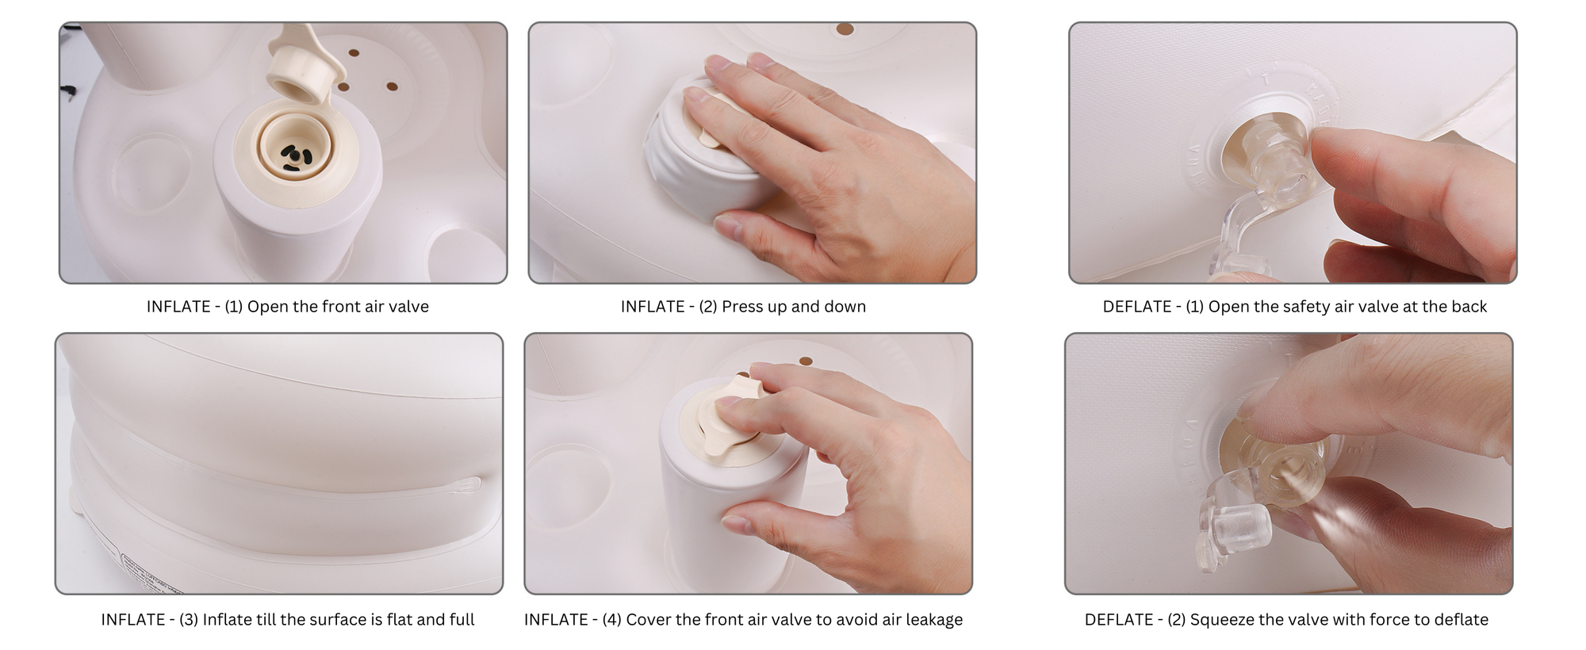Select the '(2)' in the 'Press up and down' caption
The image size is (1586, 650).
pos(708,307)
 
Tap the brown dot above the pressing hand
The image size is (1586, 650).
pos(845,30)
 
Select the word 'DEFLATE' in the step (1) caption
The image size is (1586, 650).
pos(1136,307)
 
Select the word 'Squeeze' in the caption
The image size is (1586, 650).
pos(1220,620)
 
